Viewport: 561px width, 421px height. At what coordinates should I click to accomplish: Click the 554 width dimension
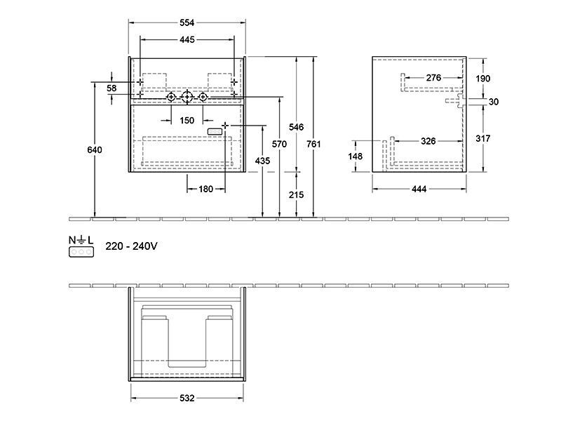[187, 23]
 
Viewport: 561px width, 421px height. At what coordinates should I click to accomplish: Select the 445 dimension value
[187, 40]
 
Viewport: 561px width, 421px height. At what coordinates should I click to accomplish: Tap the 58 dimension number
[111, 88]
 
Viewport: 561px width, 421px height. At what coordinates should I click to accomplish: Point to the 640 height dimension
[95, 149]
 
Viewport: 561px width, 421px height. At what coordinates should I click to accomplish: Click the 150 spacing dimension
[187, 121]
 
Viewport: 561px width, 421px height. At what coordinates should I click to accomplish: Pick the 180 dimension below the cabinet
[205, 189]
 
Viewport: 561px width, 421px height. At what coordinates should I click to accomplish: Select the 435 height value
[262, 161]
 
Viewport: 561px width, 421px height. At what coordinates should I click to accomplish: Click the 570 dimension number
[279, 144]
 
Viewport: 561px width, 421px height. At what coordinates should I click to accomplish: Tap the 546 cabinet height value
[296, 127]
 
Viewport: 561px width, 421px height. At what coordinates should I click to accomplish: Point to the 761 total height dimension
[313, 144]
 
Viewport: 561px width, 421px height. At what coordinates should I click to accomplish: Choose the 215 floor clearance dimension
[296, 195]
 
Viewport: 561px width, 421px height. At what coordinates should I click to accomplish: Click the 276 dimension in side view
[433, 78]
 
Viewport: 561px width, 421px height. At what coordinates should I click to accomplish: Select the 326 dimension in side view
[428, 141]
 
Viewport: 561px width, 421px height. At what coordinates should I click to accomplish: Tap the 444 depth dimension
[419, 189]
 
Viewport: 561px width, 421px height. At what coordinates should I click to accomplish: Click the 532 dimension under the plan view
[187, 398]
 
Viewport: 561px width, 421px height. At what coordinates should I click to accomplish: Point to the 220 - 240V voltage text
[131, 246]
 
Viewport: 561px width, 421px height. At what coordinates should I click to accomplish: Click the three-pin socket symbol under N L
[81, 252]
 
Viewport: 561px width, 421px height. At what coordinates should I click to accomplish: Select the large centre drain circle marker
[187, 97]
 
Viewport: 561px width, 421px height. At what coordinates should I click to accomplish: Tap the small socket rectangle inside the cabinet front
[215, 132]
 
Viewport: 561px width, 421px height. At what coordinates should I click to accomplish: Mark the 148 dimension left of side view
[355, 156]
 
